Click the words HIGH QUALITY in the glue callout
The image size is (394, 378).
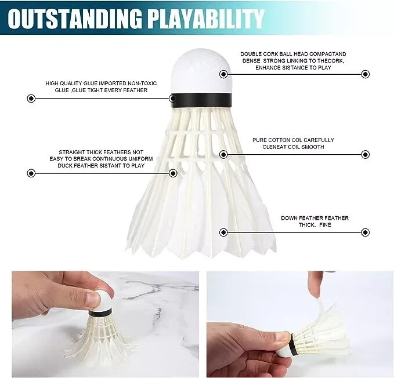tap(64, 83)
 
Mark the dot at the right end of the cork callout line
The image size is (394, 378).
tap(366, 74)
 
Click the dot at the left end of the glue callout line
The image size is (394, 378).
tap(31, 99)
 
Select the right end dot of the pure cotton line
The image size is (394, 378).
tap(366, 154)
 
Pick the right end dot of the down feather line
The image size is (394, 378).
tap(366, 232)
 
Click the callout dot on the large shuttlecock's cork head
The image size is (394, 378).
tap(223, 74)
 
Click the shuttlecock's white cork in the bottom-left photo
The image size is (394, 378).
tap(103, 299)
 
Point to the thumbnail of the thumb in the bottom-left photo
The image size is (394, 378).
tap(92, 299)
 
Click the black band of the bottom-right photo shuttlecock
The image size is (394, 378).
tap(294, 344)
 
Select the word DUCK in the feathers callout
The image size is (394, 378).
tap(66, 166)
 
